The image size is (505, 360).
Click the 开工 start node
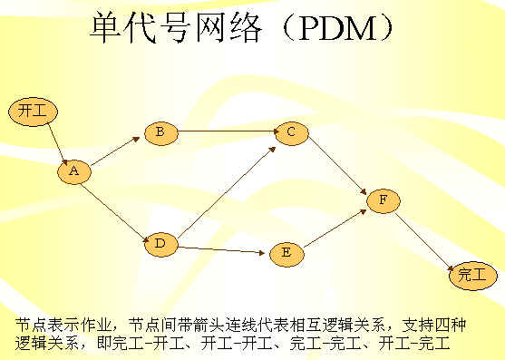click(32, 112)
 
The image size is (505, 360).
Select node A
click(74, 171)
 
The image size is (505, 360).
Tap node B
click(160, 133)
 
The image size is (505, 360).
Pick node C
click(290, 133)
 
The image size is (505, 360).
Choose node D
click(160, 243)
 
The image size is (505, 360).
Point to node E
click(286, 253)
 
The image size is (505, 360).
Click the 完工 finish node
click(471, 274)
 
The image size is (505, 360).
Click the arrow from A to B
click(117, 151)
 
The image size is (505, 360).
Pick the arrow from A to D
click(116, 207)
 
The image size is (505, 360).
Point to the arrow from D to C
click(227, 188)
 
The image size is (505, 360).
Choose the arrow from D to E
click(222, 248)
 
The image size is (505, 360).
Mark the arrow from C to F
click(335, 166)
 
